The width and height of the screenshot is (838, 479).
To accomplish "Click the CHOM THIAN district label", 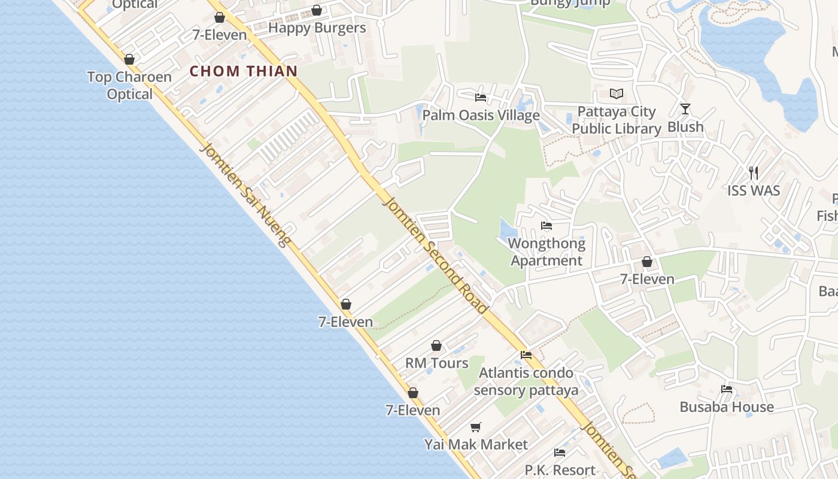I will tap(244, 71).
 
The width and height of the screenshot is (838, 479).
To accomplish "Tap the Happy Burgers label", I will tap(317, 28).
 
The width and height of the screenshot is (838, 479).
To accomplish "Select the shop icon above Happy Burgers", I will tap(317, 10).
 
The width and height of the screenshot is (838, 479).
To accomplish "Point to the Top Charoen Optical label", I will tap(129, 86).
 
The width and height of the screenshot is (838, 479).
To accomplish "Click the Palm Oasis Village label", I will tap(481, 115).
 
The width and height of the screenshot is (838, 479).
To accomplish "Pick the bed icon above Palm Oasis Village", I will tap(480, 97).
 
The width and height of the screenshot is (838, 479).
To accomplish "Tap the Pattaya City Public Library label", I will tap(617, 120).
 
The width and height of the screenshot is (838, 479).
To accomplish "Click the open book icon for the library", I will tap(617, 93).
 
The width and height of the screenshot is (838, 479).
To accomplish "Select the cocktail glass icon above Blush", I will tap(685, 109).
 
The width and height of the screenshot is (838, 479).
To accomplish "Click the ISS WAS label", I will tap(754, 191).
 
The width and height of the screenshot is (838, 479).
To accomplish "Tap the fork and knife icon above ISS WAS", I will tap(754, 173).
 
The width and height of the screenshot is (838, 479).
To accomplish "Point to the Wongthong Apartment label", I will tap(546, 252).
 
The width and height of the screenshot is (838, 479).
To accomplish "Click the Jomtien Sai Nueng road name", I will tap(246, 195).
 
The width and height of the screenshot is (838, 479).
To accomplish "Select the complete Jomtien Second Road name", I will tap(435, 254).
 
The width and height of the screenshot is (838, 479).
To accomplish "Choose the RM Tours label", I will tap(437, 363).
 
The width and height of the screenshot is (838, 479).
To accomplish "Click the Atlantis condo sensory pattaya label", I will tap(526, 381).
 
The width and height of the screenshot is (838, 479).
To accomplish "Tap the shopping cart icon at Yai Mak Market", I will tap(476, 427).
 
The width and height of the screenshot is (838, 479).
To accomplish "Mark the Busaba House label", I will tap(727, 407).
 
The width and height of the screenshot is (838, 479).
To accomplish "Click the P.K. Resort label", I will tap(560, 470).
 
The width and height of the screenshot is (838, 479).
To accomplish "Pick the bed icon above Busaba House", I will tap(727, 389).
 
